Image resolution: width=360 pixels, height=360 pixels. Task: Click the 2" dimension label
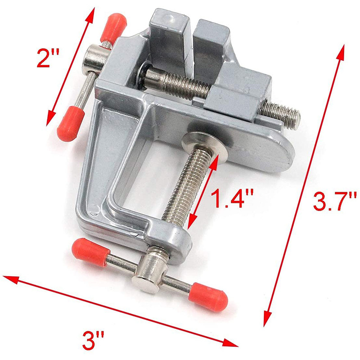(x=48, y=58)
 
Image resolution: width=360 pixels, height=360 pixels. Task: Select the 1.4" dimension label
(x=232, y=199)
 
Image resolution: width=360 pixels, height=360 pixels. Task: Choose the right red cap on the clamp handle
(x=208, y=297)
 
